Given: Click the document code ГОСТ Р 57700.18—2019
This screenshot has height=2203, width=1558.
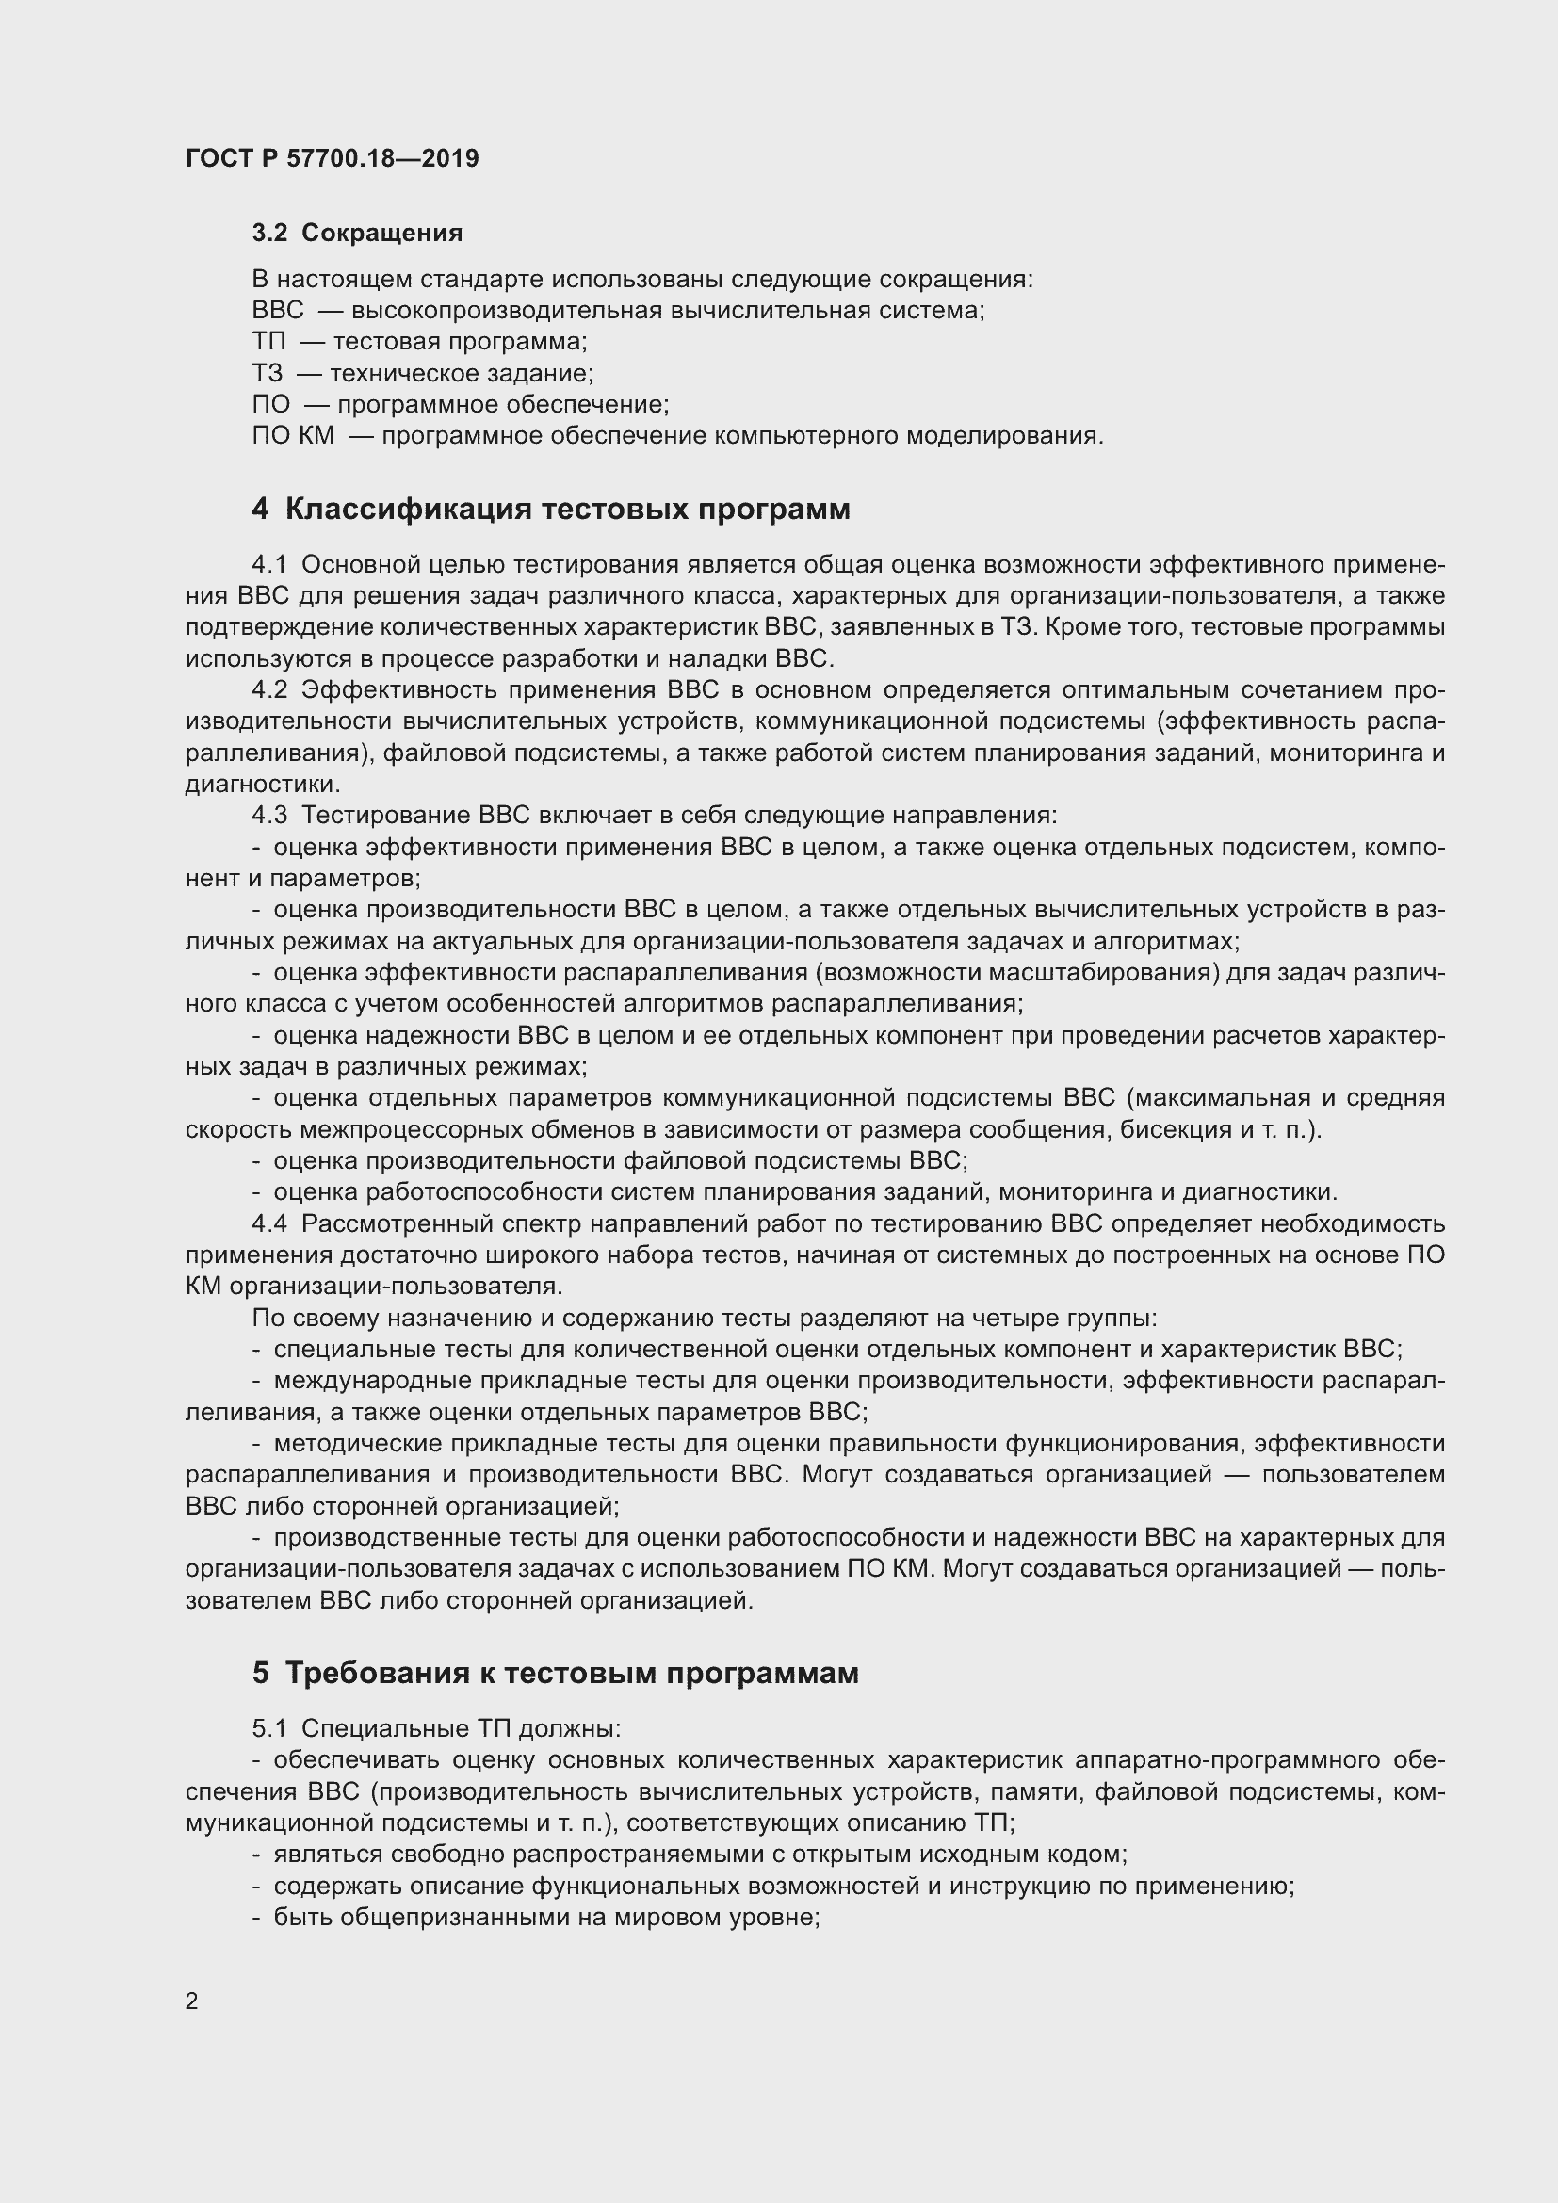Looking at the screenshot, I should [x=332, y=158].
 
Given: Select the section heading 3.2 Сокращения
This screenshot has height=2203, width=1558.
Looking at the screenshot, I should [x=357, y=234].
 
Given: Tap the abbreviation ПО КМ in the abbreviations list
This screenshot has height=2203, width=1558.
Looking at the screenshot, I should [x=294, y=437].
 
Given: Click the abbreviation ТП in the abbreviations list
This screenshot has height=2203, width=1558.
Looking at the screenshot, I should [x=268, y=343].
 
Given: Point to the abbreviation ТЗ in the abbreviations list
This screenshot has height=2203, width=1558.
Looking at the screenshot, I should [x=268, y=374].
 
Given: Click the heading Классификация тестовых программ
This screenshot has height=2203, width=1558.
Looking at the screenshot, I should [x=567, y=509].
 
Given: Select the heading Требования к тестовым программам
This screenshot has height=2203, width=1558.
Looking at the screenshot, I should [x=572, y=1674].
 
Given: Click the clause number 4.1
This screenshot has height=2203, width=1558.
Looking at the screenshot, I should [x=269, y=565].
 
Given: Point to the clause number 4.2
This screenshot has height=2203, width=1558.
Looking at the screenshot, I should [x=269, y=690].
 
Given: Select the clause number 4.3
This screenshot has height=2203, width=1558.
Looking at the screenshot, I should [x=269, y=816].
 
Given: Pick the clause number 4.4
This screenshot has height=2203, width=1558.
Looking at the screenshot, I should [x=269, y=1224].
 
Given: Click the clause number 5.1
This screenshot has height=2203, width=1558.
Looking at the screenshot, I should [x=269, y=1729].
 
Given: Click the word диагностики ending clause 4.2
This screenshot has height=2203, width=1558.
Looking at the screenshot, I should [x=261, y=785].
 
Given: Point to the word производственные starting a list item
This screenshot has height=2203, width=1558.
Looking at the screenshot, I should [x=381, y=1538].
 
